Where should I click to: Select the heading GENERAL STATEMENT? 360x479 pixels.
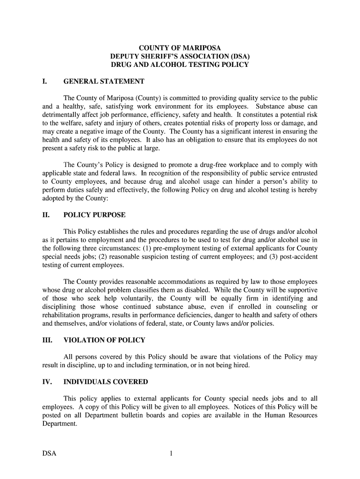[x=104, y=82]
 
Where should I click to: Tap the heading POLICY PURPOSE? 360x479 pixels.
[x=94, y=215]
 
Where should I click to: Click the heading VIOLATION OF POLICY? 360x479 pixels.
[x=104, y=340]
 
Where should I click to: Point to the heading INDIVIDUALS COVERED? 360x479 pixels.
[x=106, y=382]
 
